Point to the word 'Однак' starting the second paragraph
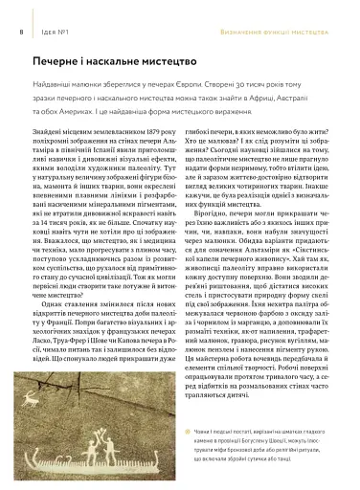[x=66, y=300]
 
